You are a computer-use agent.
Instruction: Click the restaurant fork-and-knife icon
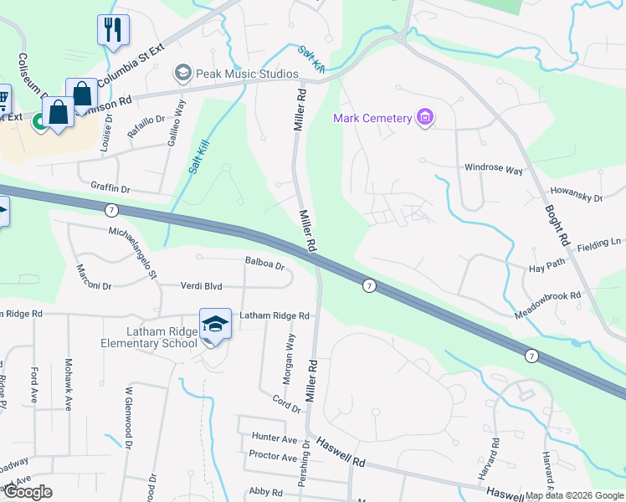(x=113, y=29)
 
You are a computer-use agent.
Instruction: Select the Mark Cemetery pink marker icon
(x=425, y=118)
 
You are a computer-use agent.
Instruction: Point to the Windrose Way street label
(x=494, y=168)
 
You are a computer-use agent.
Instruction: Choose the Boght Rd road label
(x=557, y=226)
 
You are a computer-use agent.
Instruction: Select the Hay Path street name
(x=547, y=266)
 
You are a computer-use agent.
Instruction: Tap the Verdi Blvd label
(x=201, y=286)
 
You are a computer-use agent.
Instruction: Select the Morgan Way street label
(x=289, y=360)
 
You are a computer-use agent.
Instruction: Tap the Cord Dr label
(x=287, y=404)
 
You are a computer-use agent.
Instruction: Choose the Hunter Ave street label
(x=274, y=438)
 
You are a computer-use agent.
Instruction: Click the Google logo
(x=27, y=492)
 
